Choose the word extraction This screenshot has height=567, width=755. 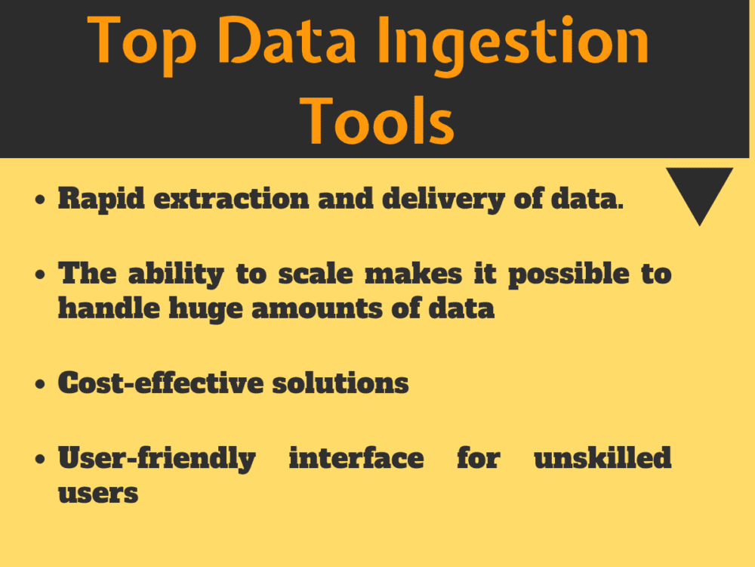click(230, 199)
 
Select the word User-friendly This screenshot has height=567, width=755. click(156, 458)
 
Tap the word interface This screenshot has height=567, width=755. click(356, 457)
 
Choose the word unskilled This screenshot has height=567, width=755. click(602, 457)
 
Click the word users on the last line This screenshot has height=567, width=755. click(98, 493)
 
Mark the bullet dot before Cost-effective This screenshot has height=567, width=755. click(41, 385)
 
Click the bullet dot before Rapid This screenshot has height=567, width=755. click(41, 201)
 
